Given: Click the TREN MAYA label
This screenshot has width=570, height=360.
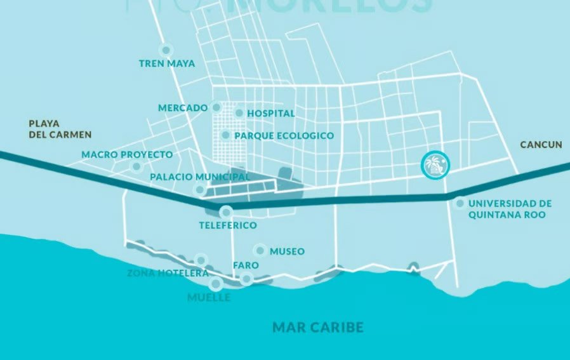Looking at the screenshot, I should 167,63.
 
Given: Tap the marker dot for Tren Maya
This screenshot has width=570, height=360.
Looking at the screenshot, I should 166,50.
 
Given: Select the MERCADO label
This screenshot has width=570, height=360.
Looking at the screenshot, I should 183,108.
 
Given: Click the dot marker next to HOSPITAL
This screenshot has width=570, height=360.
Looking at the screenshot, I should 239,113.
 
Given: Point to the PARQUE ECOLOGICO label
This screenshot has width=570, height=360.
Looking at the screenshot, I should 284,136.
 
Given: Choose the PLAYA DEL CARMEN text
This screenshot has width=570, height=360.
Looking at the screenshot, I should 60,129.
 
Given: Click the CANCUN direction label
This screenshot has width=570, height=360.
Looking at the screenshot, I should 541,145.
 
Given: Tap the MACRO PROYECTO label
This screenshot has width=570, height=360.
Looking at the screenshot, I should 127,155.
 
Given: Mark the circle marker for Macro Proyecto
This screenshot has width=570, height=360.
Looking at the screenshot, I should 136,167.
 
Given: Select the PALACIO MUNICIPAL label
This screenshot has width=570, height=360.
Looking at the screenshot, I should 200,177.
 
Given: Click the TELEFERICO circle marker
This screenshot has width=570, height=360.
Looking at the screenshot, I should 225,213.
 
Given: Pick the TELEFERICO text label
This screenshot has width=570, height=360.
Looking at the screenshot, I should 227,225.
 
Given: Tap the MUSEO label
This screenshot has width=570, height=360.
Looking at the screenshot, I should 287,251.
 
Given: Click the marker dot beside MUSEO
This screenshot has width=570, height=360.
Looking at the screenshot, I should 259,250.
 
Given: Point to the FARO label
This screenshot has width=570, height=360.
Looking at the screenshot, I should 245,265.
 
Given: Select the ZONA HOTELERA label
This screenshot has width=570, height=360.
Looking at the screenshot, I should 168,273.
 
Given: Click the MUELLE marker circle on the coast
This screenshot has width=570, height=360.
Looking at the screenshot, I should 216,284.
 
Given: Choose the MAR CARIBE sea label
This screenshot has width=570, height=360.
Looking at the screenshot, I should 317,328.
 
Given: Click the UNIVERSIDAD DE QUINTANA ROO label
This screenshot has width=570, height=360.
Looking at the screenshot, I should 510,209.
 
